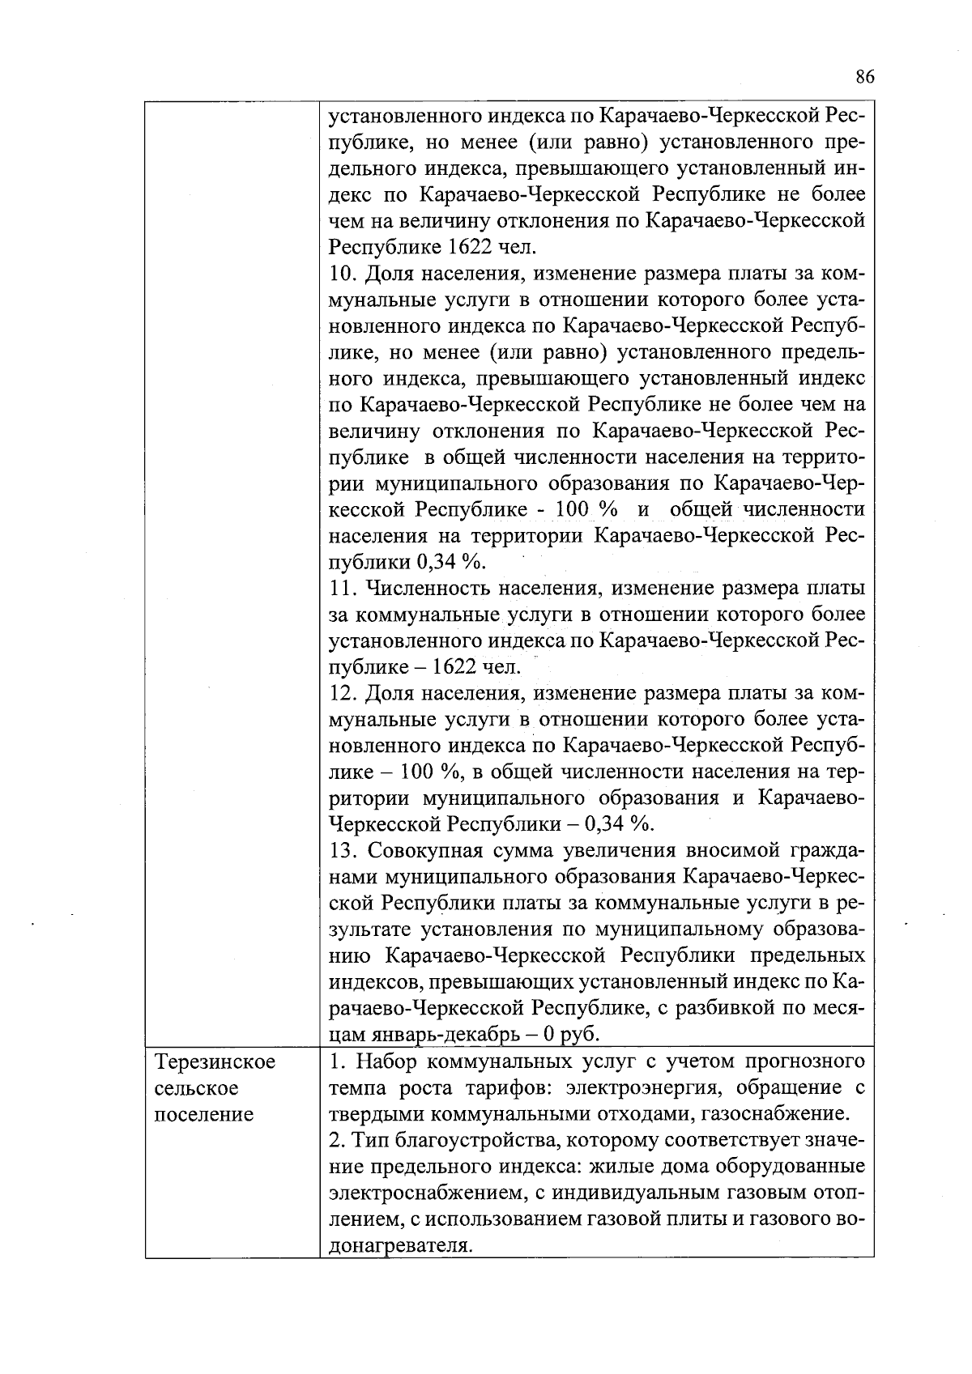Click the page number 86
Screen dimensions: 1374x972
click(x=863, y=77)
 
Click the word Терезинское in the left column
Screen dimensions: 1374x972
click(x=215, y=1061)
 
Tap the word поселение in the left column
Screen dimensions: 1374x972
click(x=203, y=1114)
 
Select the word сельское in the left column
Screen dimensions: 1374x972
click(x=196, y=1088)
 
